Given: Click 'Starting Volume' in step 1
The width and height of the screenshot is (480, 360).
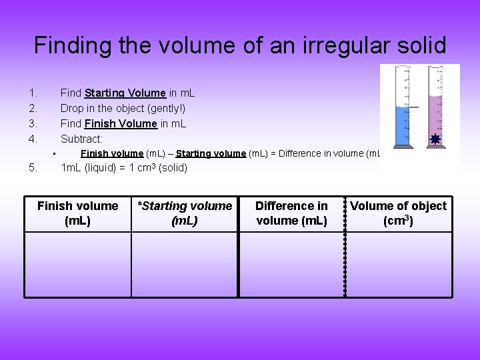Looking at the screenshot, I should pos(125,93).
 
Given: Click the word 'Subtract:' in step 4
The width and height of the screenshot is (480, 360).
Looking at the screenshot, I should pos(81,139).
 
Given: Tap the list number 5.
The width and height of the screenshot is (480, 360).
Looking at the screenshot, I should pos(33,168).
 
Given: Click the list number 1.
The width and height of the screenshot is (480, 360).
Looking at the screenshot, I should pos(32,93).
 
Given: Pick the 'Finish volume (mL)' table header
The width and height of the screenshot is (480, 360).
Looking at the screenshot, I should pos(77,213).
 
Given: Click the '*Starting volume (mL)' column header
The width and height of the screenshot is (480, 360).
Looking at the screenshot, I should pos(185,213).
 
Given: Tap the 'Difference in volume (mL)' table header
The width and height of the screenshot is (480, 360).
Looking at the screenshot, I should pos(291,213).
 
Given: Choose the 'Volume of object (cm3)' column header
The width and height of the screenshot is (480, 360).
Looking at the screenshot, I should pos(399,213).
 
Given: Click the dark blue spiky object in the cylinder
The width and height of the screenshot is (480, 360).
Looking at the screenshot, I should pos(435,139).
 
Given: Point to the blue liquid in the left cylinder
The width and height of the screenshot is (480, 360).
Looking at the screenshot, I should pos(402,123).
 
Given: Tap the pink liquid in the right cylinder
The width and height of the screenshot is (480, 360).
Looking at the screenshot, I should pos(435,113).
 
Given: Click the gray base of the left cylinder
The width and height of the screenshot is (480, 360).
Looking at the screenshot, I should pos(403,146).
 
